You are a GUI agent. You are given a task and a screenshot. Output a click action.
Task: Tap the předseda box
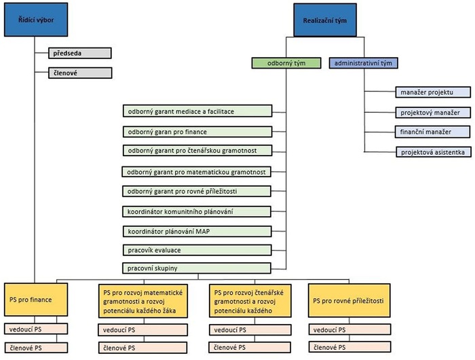79,52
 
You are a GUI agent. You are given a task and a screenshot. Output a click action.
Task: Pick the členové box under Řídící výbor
79,73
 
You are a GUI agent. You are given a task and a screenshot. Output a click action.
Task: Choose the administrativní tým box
363,63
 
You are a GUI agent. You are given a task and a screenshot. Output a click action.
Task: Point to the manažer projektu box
432,92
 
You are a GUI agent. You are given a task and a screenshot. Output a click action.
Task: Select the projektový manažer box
432,112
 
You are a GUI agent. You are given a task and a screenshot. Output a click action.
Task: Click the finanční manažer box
432,132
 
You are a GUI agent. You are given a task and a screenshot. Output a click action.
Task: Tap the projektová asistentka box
432,152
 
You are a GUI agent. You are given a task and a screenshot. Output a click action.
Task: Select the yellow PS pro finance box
36,299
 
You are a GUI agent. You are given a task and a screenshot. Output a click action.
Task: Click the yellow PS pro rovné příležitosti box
349,299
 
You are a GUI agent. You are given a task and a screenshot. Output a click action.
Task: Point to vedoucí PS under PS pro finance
36,329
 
